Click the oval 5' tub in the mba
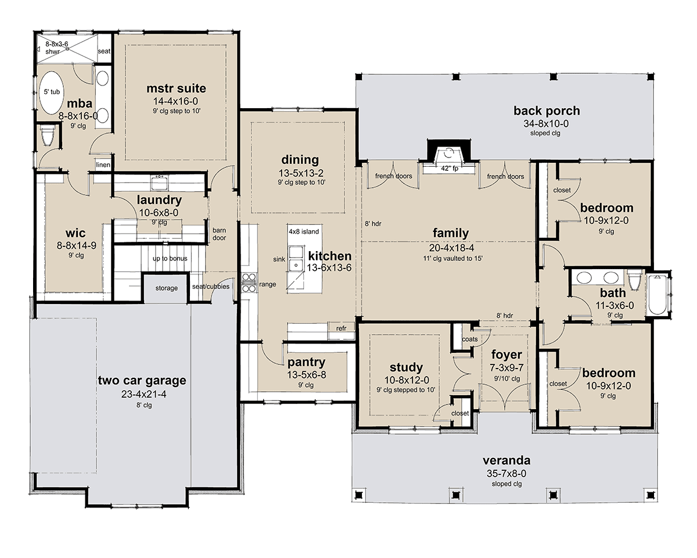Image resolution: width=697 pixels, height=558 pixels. click(51, 92)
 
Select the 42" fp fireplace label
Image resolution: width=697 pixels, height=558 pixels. click(450, 169)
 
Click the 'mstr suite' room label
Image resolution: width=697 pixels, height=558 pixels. click(176, 88)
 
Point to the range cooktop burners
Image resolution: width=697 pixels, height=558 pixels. click(249, 282)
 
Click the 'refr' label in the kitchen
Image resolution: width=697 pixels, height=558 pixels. click(341, 328)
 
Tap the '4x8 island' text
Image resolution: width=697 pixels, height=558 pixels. click(304, 231)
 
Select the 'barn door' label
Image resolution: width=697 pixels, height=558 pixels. click(220, 234)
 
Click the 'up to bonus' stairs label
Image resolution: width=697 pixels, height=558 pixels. click(170, 259)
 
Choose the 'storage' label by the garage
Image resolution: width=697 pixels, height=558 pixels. click(167, 288)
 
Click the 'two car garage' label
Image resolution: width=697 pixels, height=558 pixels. click(142, 380)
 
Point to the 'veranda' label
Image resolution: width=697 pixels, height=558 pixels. click(506, 460)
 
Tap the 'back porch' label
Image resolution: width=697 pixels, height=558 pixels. click(547, 111)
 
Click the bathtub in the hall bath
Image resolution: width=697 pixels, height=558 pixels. click(657, 294)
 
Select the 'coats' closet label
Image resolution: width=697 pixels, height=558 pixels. click(470, 339)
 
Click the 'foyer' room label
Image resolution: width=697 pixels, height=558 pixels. click(506, 355)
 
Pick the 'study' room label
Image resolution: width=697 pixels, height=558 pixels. click(406, 367)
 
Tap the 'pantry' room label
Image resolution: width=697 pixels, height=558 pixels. click(307, 362)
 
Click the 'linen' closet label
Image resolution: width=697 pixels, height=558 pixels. click(103, 164)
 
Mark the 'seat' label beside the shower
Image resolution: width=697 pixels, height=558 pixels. click(103, 51)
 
